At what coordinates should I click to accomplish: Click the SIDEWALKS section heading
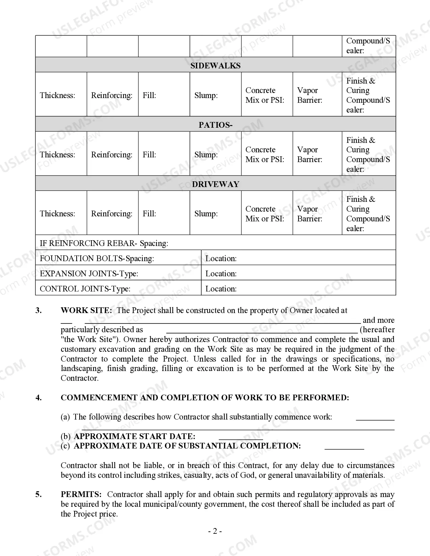(215, 65)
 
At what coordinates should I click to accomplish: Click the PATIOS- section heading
(215, 125)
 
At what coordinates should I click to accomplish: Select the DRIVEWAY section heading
(215, 184)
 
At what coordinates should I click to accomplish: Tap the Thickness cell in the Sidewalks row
(61, 95)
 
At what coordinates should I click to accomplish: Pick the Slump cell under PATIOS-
(215, 154)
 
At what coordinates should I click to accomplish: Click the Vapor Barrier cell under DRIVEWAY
(317, 214)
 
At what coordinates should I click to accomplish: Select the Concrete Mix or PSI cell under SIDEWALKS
(266, 95)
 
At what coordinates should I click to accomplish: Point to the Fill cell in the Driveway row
(164, 214)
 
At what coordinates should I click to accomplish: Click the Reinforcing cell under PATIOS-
(112, 154)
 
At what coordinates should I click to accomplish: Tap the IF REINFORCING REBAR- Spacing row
(215, 243)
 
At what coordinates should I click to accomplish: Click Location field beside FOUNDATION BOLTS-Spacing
(298, 258)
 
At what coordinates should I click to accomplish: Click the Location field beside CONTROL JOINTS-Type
(298, 288)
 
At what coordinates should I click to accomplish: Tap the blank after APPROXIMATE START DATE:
(241, 437)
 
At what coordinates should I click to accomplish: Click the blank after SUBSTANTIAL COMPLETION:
(344, 446)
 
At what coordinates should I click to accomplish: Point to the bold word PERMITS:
(81, 494)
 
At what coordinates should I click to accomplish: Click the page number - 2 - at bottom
(215, 531)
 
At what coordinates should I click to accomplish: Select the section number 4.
(39, 398)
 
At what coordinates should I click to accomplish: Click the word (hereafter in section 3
(377, 330)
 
